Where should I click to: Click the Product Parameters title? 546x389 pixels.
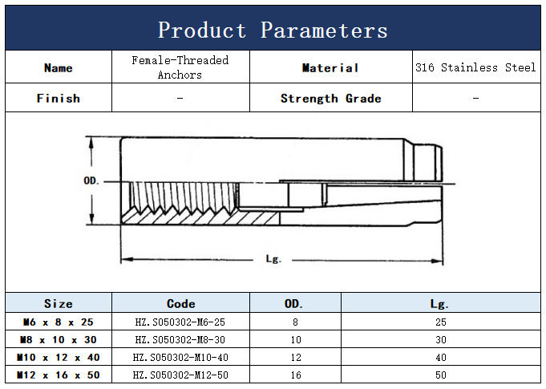273,30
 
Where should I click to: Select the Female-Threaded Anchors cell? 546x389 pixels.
180,67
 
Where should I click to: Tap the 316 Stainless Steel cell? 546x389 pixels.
475,67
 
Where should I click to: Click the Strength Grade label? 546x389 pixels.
330,99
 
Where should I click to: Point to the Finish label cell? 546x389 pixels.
59,99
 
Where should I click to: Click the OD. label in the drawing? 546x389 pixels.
91,180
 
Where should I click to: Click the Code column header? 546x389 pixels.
180,304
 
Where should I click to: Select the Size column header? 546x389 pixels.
59,304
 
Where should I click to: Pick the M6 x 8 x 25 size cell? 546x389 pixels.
59,322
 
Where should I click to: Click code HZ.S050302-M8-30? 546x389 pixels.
180,339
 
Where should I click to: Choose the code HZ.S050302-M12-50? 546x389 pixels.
180,375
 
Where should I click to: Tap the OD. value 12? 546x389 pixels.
294,357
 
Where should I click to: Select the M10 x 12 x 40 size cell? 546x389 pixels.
59,357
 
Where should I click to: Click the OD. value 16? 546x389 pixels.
294,375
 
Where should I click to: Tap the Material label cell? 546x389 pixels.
330,67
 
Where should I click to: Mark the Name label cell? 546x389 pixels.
59,67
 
